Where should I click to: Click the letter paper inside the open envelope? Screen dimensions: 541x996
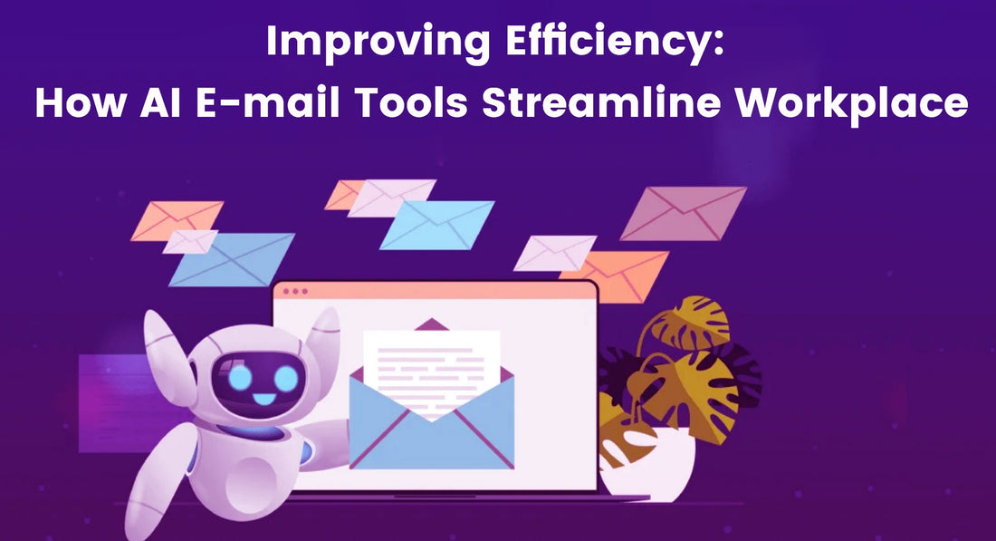431,362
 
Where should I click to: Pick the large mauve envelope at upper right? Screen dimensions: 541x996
684,213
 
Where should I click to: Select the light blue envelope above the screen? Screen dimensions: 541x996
437,225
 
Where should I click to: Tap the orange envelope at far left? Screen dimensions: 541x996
177,219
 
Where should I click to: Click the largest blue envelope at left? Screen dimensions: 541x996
232,259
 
